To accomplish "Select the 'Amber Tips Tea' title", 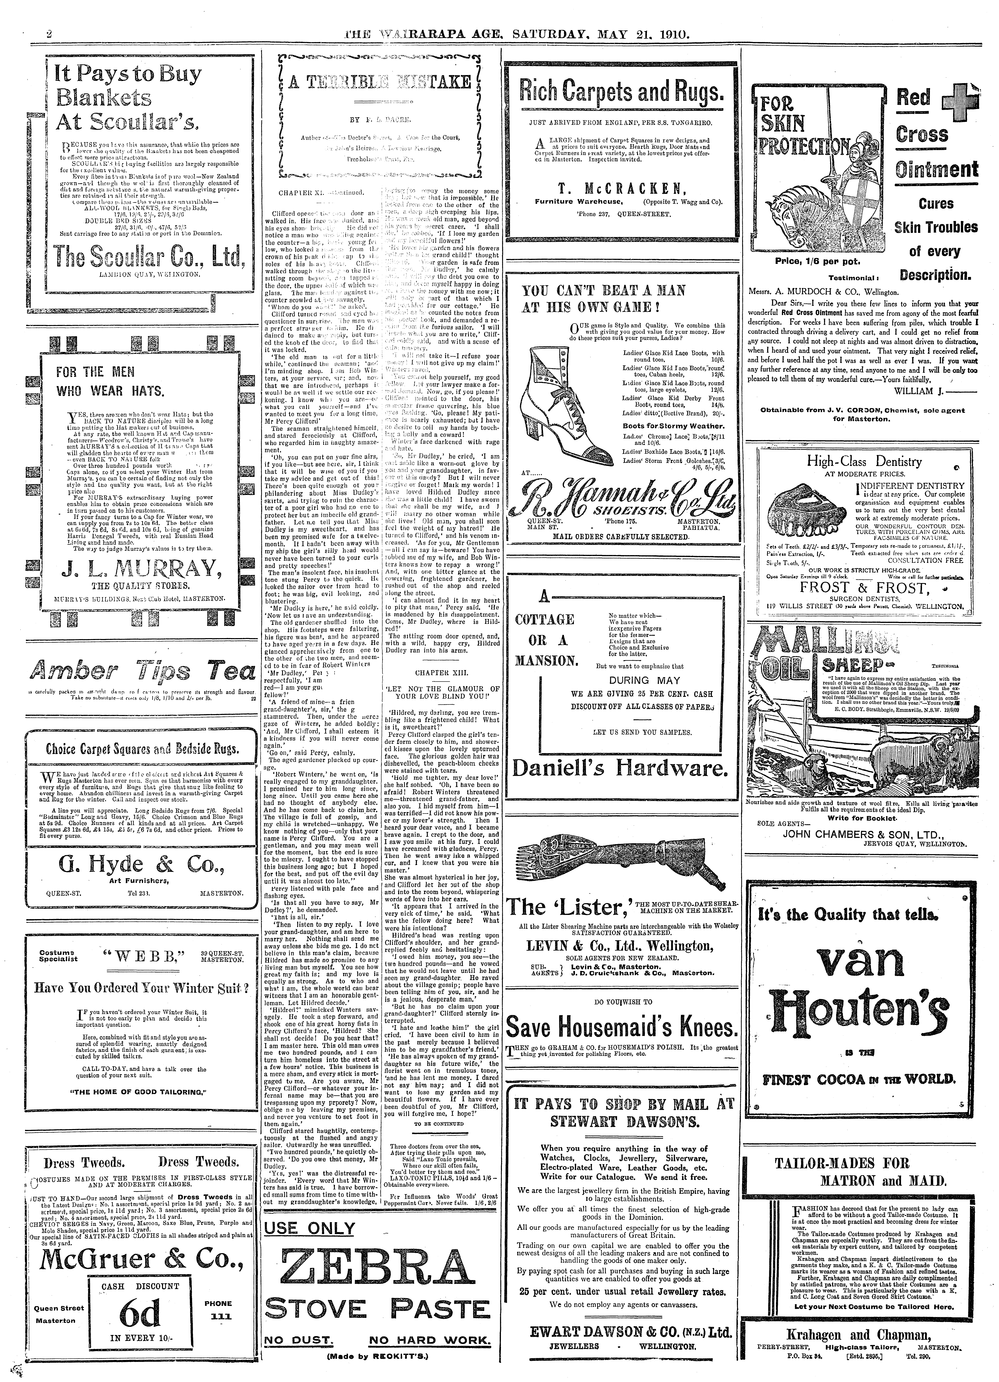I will coord(141,671).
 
